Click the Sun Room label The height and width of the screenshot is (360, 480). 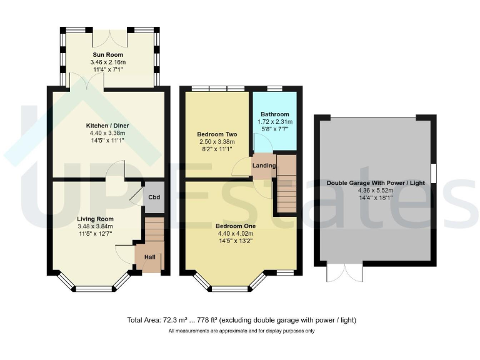(x=108, y=55)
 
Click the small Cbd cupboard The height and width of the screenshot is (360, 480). (x=153, y=195)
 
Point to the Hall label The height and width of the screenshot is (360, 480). (x=149, y=257)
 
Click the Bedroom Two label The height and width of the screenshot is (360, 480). (x=216, y=134)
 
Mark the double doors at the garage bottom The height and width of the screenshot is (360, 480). (x=344, y=272)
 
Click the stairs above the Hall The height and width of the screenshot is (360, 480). (x=154, y=229)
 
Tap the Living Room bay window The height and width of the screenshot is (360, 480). (x=92, y=285)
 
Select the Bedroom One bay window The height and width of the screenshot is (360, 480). (x=230, y=285)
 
